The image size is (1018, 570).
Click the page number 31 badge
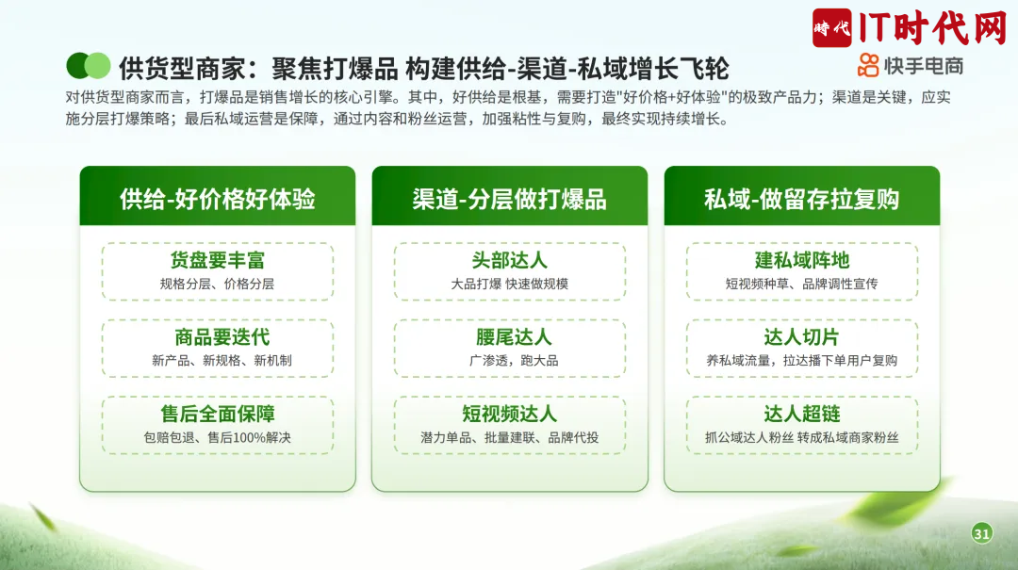981,533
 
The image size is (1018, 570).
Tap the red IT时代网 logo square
831,28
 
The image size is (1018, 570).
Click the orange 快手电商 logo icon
868,66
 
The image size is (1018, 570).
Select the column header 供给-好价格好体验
218,199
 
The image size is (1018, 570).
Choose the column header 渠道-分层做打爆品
510,199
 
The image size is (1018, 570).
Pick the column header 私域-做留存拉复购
802,199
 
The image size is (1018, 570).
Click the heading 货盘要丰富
218,260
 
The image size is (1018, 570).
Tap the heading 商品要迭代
222,337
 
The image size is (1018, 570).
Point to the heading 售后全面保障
218,414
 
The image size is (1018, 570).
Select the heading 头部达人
510,260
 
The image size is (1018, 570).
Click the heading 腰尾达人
514,337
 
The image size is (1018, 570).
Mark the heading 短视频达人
510,414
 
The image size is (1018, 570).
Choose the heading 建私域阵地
802,260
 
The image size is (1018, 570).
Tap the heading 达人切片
802,337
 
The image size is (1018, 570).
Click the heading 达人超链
802,414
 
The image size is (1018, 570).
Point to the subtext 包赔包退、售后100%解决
218,437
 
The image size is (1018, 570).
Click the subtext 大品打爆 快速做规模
510,284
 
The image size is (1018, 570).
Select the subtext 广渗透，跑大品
514,360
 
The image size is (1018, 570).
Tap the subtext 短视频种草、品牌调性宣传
802,284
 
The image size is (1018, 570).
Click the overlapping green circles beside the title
89,66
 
